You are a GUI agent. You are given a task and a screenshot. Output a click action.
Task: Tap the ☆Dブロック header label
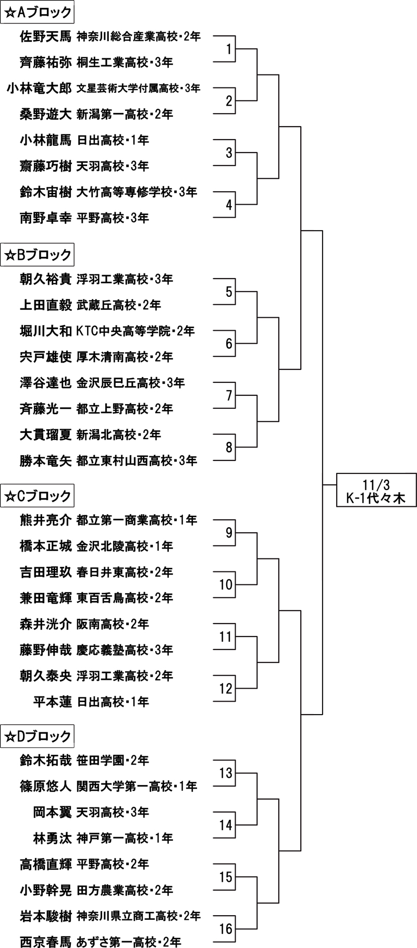point(38,737)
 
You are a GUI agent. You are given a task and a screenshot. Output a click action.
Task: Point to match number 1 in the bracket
point(228,49)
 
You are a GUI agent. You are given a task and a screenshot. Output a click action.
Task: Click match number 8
point(228,447)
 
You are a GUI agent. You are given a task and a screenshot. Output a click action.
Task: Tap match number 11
point(226,637)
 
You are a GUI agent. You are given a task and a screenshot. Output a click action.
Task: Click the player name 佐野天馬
point(45,36)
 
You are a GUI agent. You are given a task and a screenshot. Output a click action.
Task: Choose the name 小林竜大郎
point(39,89)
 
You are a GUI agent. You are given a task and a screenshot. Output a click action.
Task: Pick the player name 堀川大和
point(45,331)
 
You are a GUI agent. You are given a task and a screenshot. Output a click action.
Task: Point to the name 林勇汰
point(52,838)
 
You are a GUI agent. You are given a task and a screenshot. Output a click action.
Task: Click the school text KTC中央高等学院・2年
point(136,331)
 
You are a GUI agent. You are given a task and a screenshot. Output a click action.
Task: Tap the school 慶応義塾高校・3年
point(125,650)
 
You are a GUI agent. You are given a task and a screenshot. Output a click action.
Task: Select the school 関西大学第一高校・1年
point(137,786)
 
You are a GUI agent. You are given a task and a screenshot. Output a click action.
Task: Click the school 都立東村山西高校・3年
point(137,460)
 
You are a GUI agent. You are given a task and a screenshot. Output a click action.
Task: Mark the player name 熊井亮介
point(45,520)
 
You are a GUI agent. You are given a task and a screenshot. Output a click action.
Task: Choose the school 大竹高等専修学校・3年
point(137,192)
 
